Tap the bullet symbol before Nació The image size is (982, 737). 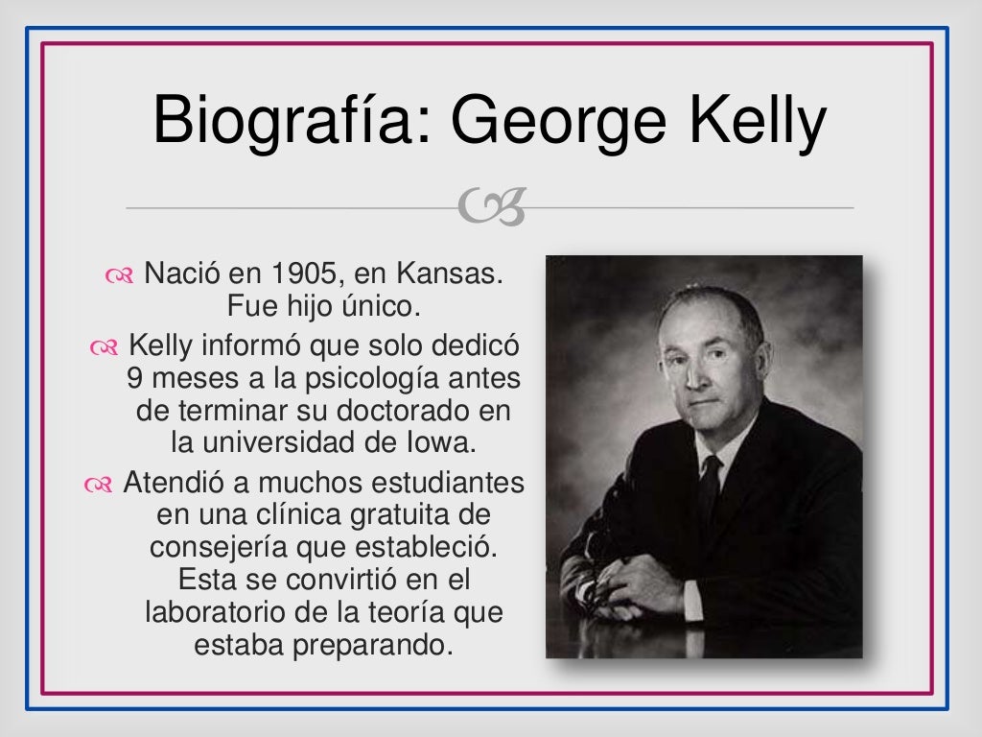click(x=120, y=276)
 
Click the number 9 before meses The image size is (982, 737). click(x=135, y=378)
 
